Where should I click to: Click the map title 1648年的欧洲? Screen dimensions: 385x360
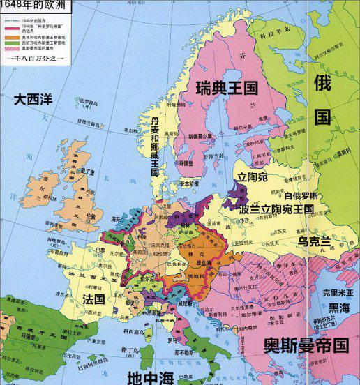tap(27, 7)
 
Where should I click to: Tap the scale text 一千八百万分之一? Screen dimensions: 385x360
tap(35, 61)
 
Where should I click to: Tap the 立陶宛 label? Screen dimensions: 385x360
tap(253, 178)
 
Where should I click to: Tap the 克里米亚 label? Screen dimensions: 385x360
tap(338, 294)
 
